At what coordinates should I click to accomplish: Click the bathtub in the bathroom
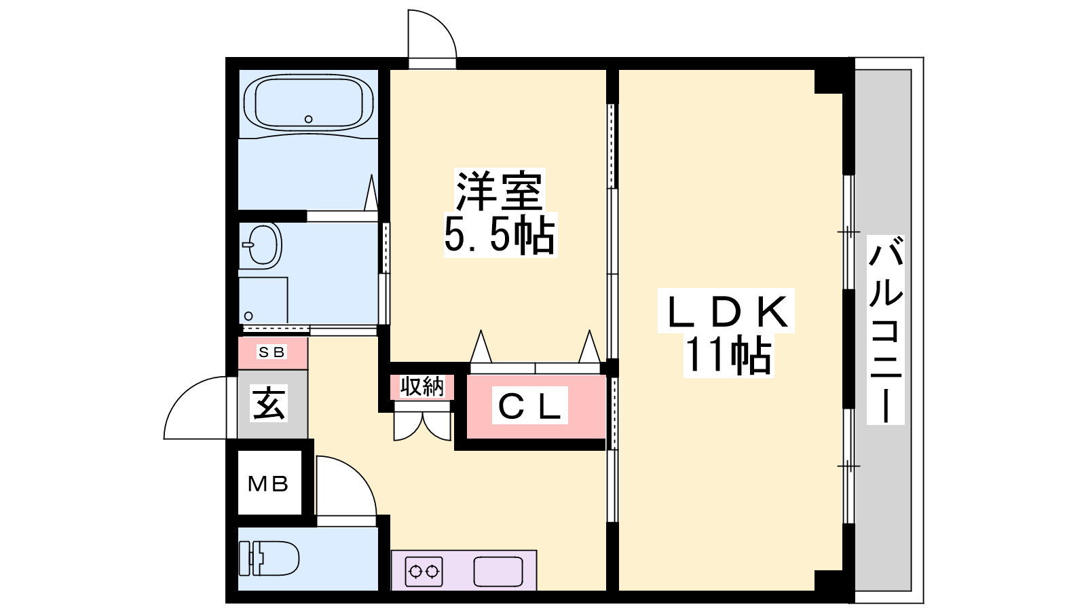(308, 103)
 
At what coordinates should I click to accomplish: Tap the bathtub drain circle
(308, 119)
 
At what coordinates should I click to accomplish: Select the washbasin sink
(262, 245)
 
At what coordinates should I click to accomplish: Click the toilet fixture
(269, 558)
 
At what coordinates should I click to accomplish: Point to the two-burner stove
(424, 572)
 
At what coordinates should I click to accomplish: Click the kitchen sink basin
(498, 572)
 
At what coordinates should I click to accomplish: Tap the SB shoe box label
(271, 352)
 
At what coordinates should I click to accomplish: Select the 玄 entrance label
(269, 403)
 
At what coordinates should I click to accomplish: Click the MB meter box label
(268, 483)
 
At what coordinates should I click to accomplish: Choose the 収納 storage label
(422, 386)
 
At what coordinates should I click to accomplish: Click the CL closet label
(530, 405)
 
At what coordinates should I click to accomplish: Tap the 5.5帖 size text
(500, 235)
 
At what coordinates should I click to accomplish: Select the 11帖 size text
(728, 356)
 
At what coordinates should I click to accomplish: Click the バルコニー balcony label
(885, 330)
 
